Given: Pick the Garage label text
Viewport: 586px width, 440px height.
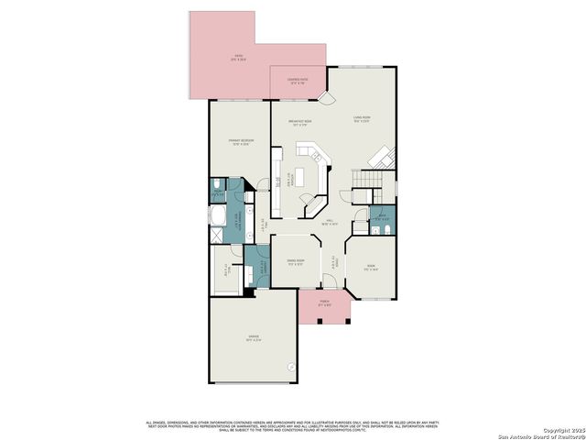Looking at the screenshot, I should pos(252,340).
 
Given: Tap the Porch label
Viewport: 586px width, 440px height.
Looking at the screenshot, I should pos(325,305).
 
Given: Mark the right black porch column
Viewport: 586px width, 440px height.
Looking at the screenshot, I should pos(339,322).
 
